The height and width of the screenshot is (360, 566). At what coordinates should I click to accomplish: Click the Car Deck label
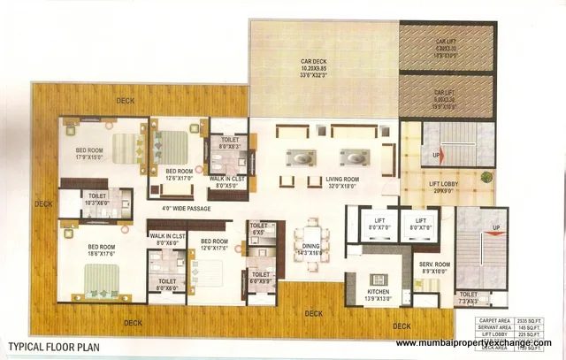click(314, 62)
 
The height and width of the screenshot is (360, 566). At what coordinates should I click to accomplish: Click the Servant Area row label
click(493, 327)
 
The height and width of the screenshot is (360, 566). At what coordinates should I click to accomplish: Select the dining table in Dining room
click(311, 230)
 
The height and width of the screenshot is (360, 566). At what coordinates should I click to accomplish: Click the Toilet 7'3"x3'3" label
click(468, 298)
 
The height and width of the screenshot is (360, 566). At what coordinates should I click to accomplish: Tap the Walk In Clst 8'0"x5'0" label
click(226, 182)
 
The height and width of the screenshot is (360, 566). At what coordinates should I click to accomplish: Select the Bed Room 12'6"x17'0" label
click(179, 174)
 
